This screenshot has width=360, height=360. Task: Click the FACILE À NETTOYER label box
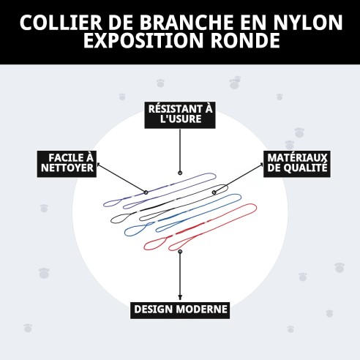tap(67, 163)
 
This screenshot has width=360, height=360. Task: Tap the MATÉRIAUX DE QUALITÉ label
tap(296, 163)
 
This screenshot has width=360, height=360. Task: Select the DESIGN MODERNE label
tap(180, 310)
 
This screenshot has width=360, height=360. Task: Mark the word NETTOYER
tap(67, 169)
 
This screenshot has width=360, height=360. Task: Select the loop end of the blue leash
tap(134, 230)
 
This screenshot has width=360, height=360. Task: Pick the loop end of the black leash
tap(120, 217)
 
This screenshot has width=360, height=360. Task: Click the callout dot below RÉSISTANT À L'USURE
tap(180, 173)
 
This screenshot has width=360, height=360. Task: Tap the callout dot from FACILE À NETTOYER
tap(146, 192)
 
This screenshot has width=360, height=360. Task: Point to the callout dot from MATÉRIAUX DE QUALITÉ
tap(214, 192)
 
